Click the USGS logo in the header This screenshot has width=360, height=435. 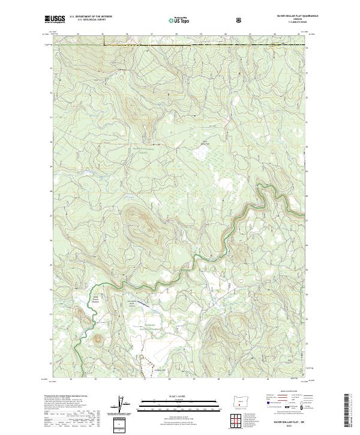click(x=56, y=20)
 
